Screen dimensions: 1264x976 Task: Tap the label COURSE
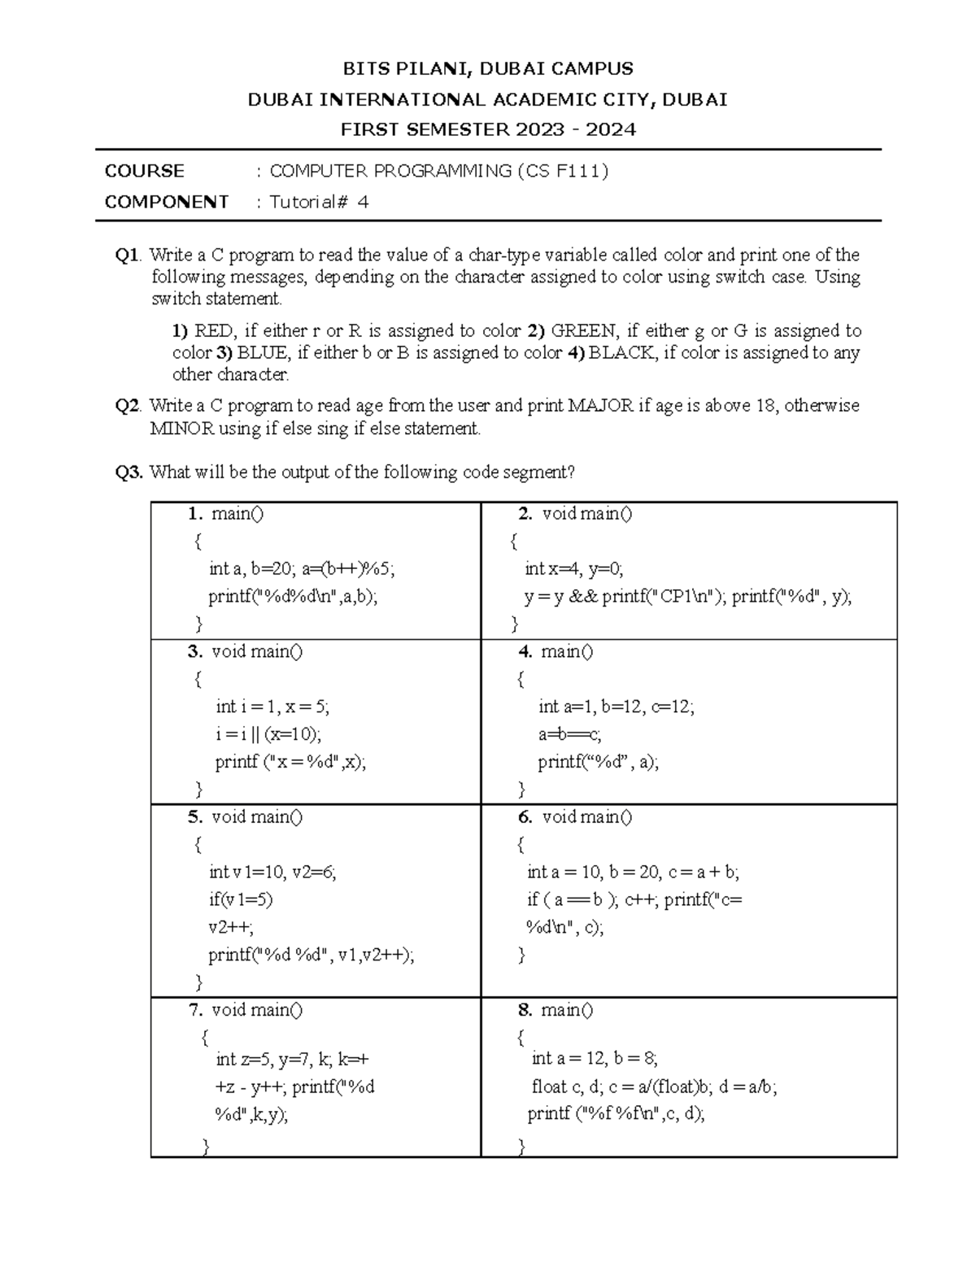pos(145,171)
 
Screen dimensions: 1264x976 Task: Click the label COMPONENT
pos(167,202)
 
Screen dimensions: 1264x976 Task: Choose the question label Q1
pos(128,256)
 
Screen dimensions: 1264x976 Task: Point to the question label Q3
pos(129,472)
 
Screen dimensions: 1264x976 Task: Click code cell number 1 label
pos(194,514)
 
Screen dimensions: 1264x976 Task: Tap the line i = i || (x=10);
pos(268,734)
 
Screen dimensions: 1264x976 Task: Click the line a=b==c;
pos(569,734)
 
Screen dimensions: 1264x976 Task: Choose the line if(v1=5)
pos(241,899)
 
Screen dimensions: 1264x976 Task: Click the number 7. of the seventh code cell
pos(196,1010)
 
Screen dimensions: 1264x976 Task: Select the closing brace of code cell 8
pos(521,1147)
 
